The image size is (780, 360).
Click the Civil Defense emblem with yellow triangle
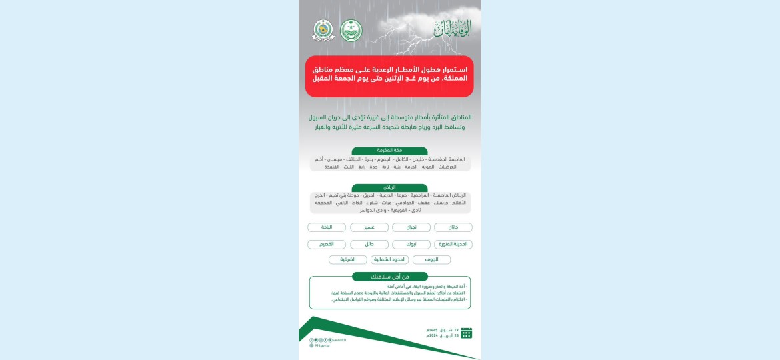[x=323, y=30]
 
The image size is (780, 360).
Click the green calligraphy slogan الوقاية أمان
[x=452, y=29]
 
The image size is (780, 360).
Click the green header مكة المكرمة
[x=389, y=151]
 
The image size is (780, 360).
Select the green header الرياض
[x=389, y=188]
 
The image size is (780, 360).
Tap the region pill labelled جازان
[x=453, y=227]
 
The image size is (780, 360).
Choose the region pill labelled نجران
[x=411, y=227]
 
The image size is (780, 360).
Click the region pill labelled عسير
[x=369, y=227]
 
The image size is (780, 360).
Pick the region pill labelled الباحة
[x=327, y=227]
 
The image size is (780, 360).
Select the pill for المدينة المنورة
[x=453, y=244]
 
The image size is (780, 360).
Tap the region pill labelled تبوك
[x=411, y=244]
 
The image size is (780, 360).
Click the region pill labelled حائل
[x=369, y=244]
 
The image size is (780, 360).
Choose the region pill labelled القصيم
[x=327, y=244]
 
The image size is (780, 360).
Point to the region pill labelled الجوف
[x=431, y=259]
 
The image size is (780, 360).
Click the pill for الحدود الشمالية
[x=389, y=259]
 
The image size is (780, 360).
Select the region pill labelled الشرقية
[x=347, y=259]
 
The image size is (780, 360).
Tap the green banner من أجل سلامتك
[x=389, y=277]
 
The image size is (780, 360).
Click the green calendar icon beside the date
[x=467, y=333]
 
